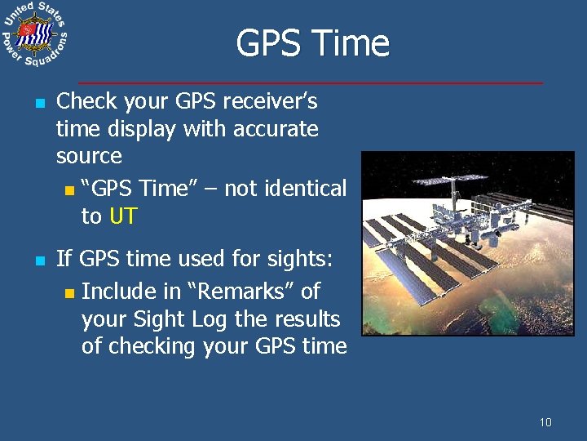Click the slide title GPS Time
point(312,43)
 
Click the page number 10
point(545,422)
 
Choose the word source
point(89,156)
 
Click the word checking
point(149,346)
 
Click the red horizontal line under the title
point(310,82)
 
